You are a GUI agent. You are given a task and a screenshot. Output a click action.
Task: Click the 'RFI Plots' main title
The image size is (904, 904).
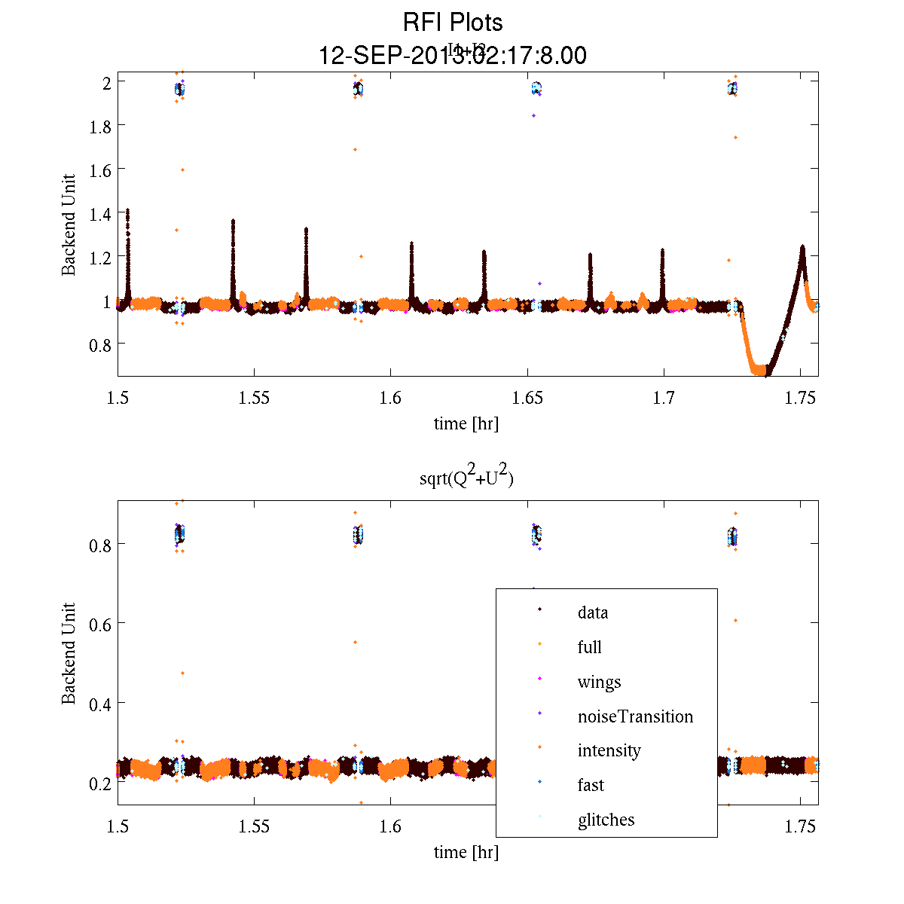click(453, 23)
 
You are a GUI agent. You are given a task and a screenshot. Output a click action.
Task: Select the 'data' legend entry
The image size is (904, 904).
click(592, 612)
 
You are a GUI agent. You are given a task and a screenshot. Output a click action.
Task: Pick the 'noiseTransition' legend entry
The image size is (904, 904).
click(635, 716)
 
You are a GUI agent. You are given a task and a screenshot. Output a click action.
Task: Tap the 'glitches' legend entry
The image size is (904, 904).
click(606, 820)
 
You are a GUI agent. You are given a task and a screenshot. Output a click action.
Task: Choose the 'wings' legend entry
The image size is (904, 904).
click(599, 682)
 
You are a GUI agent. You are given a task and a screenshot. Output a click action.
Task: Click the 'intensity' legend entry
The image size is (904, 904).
click(609, 750)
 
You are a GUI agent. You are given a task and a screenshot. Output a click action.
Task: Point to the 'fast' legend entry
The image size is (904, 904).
click(591, 785)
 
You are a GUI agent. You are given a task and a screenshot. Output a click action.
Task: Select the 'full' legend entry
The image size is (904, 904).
click(589, 647)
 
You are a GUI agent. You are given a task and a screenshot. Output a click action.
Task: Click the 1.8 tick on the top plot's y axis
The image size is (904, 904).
click(100, 126)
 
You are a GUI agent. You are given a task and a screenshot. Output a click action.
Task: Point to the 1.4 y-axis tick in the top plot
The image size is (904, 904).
click(100, 214)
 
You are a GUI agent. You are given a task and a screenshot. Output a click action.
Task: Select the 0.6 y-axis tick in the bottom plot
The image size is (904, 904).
click(100, 624)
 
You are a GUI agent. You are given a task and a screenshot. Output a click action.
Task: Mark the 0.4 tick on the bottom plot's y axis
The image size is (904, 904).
click(100, 704)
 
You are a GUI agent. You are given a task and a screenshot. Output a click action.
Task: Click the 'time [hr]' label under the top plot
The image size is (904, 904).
click(466, 423)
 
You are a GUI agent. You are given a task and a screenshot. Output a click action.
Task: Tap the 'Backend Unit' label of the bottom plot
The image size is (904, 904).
click(69, 653)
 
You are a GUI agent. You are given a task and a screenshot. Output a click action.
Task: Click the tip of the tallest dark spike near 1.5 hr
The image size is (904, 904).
click(127, 210)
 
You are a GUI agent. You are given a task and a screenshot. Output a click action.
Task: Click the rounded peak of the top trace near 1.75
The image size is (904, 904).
click(802, 247)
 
